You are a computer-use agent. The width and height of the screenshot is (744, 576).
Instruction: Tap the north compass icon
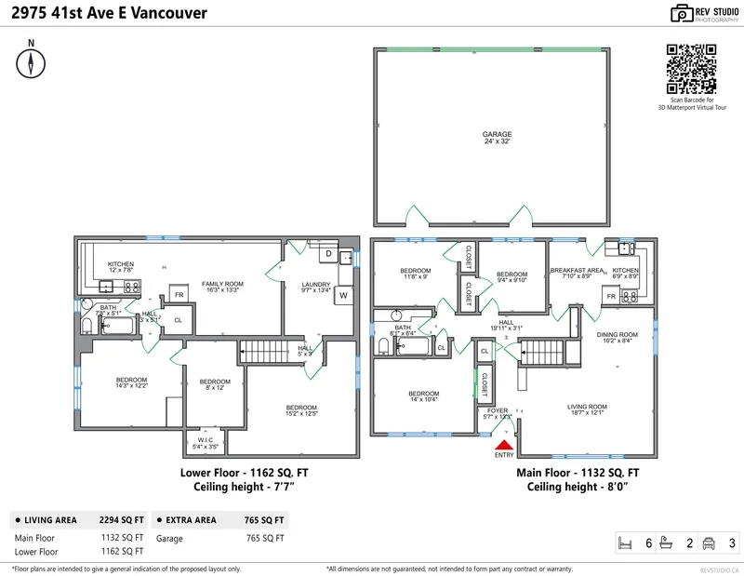32,62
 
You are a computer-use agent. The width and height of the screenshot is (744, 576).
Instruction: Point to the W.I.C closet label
204,443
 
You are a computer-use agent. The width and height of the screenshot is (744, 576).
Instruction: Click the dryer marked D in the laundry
327,253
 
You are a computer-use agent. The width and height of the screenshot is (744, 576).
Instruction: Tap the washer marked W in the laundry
343,296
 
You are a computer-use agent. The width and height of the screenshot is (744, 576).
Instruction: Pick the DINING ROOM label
617,338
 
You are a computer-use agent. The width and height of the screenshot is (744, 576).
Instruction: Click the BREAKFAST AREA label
577,274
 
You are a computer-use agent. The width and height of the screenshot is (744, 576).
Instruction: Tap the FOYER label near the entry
494,413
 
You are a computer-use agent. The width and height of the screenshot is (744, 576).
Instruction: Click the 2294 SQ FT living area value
122,520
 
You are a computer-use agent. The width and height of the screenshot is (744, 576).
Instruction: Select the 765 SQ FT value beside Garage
264,538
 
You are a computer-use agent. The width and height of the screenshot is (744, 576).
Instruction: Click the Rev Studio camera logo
682,13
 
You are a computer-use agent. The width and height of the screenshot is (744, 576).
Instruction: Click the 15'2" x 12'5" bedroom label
301,410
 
